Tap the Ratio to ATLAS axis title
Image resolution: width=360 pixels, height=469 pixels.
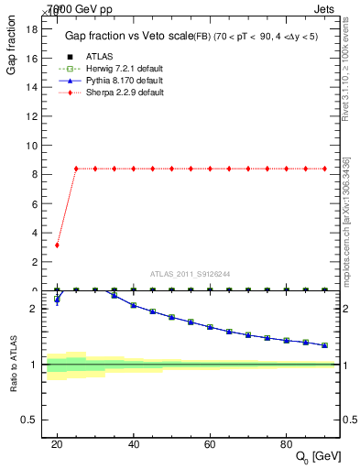[x=13, y=365]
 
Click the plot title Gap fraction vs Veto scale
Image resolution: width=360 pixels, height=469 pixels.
[x=125, y=36]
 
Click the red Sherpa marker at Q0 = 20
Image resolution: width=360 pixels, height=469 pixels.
[x=57, y=245]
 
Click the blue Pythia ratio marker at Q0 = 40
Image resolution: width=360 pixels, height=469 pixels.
[x=133, y=305]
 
